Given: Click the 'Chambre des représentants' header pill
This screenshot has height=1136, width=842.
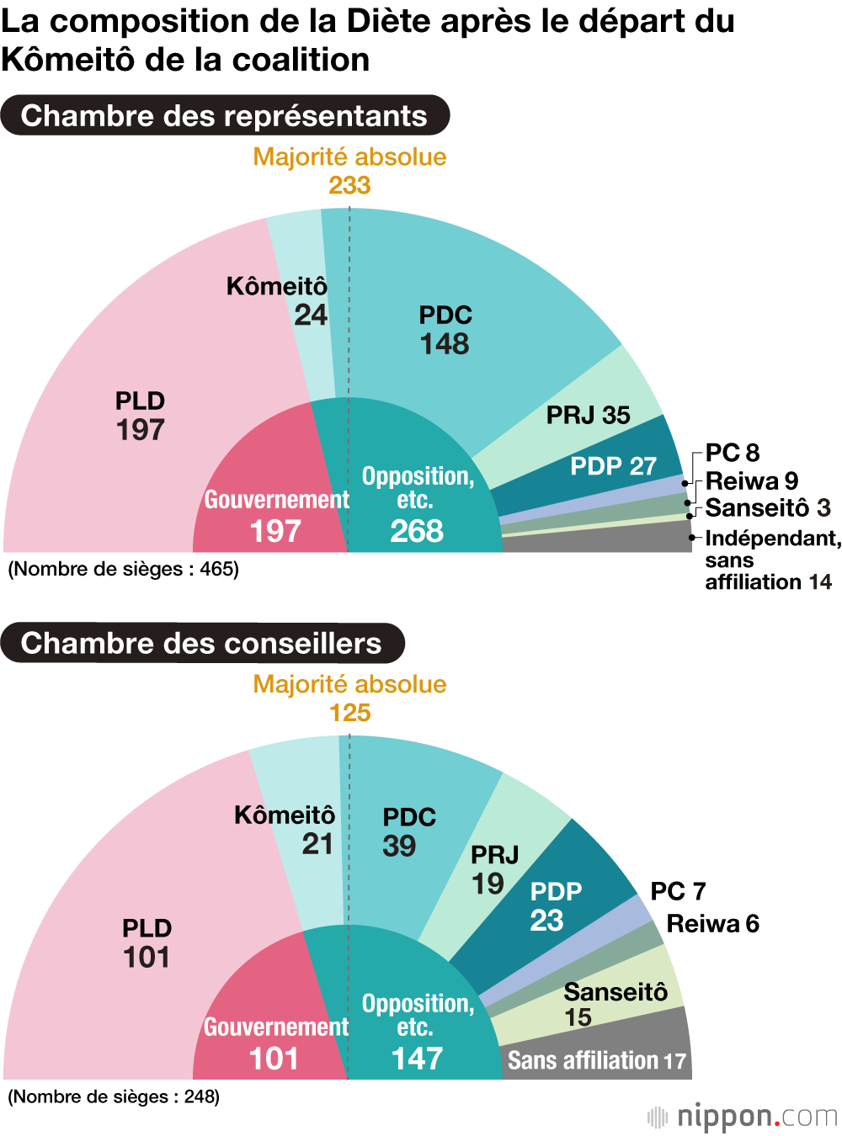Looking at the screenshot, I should pyautogui.click(x=224, y=115).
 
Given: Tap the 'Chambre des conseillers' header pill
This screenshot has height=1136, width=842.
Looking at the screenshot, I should pyautogui.click(x=202, y=643).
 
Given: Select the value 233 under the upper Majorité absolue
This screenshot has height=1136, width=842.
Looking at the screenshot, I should pyautogui.click(x=349, y=185).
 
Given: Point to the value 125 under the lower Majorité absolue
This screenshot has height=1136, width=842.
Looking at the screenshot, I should pyautogui.click(x=349, y=713).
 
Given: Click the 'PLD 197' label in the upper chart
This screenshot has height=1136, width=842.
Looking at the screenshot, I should pyautogui.click(x=140, y=416).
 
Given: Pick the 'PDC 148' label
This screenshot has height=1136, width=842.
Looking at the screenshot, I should pyautogui.click(x=445, y=330).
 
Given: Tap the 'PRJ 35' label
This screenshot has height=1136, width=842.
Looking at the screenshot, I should pyautogui.click(x=588, y=415).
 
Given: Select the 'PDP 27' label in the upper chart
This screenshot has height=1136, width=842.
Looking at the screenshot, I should pyautogui.click(x=613, y=466).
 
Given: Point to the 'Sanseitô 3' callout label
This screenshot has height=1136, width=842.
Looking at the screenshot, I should pyautogui.click(x=767, y=508).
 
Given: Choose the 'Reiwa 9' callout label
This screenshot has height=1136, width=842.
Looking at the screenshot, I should pyautogui.click(x=751, y=481).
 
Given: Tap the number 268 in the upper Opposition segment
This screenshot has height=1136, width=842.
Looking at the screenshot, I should pyautogui.click(x=417, y=531).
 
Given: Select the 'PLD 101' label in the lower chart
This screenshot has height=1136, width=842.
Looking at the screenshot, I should pyautogui.click(x=147, y=943).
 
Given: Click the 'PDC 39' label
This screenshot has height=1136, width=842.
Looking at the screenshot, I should pyautogui.click(x=409, y=831).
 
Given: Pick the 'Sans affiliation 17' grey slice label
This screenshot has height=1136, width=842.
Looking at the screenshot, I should pyautogui.click(x=596, y=1060).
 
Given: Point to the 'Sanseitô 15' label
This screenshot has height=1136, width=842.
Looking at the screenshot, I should pyautogui.click(x=615, y=1004).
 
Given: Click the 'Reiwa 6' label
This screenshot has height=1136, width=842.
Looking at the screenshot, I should pyautogui.click(x=712, y=924).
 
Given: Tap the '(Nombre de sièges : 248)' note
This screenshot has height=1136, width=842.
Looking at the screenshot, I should pyautogui.click(x=114, y=1096).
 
